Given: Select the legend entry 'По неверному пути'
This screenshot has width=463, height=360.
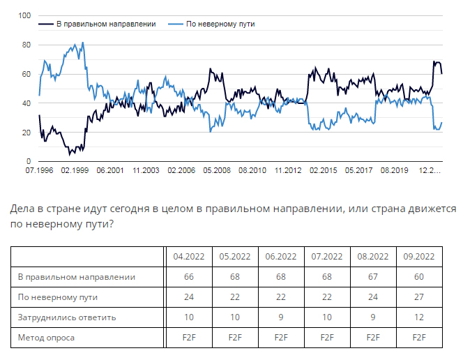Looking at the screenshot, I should (x=220, y=24).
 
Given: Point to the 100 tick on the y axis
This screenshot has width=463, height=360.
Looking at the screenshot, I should (x=25, y=15).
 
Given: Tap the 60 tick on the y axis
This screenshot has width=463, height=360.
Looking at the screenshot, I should (x=27, y=74).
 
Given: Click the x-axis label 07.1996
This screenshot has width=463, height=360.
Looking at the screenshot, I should (x=39, y=170).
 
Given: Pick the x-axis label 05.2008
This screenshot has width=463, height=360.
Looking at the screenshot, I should (x=216, y=170).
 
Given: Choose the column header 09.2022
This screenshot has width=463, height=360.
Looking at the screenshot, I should (x=419, y=257).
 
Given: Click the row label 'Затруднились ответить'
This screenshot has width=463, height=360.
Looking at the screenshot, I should (x=67, y=317).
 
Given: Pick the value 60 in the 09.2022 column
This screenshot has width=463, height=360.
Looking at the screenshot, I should (x=419, y=277).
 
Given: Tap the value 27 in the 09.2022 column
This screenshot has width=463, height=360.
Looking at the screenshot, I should (x=419, y=297).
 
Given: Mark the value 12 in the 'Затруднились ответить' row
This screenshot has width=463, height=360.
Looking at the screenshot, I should (x=419, y=317).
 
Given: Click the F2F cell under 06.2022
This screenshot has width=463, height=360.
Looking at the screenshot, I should (x=280, y=338).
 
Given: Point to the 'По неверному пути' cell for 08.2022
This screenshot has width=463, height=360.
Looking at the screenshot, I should (x=373, y=297).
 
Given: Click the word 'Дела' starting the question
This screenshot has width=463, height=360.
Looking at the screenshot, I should (x=22, y=209).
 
